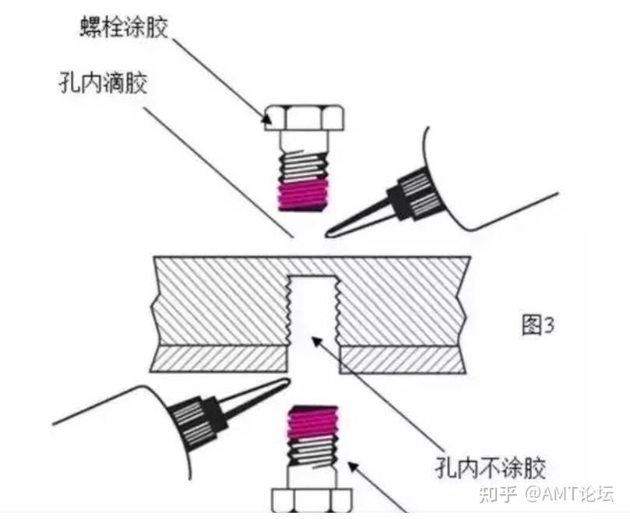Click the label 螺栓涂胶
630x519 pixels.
coord(124,29)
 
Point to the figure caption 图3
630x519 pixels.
coord(537,324)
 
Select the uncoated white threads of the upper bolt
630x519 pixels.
coord(303,166)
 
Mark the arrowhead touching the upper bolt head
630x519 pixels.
coord(268,118)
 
